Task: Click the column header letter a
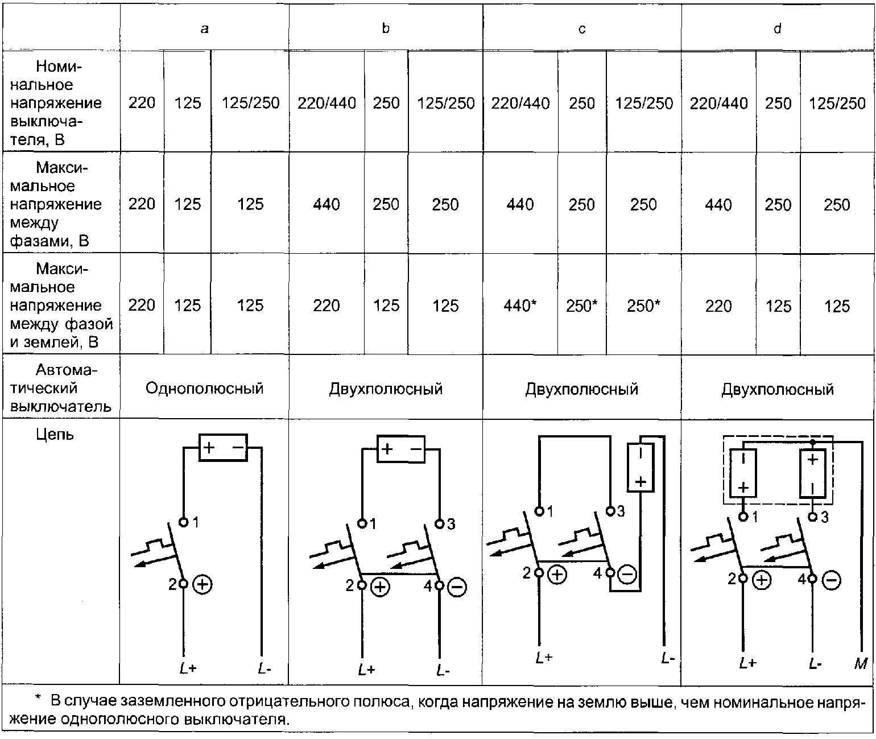[x=204, y=28]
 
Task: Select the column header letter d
[x=778, y=28]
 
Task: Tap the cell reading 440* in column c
[x=520, y=305]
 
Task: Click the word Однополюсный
[x=204, y=388]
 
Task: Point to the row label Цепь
[x=55, y=435]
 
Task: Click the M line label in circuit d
[x=861, y=664]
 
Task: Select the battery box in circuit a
[x=223, y=447]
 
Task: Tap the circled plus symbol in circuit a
[x=202, y=585]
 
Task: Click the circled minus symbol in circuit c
[x=627, y=575]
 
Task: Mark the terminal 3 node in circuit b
[x=439, y=524]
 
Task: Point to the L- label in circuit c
[x=667, y=658]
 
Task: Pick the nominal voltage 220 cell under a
[x=142, y=102]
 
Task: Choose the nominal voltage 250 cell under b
[x=386, y=103]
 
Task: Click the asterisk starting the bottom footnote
[x=38, y=697]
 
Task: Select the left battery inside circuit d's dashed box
[x=743, y=473]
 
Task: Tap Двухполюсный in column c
[x=581, y=389]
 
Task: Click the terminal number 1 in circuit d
[x=755, y=517]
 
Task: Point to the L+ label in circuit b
[x=366, y=670]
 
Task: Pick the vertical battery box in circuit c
[x=640, y=467]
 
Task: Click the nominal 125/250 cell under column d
[x=837, y=103]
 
